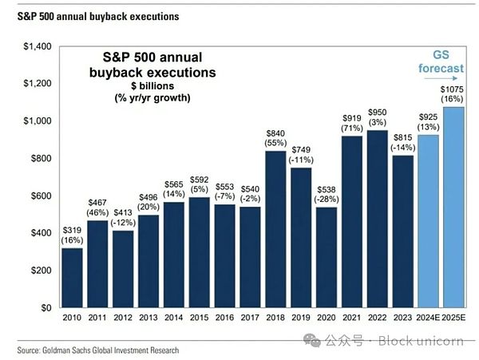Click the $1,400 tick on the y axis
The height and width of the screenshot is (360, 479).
coord(38,47)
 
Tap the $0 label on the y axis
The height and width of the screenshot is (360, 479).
coord(46,307)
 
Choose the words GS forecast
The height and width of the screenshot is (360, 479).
coord(441,62)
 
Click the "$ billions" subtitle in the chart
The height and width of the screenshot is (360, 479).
coord(148,85)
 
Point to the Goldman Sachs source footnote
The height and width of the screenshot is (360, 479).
coord(99,350)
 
